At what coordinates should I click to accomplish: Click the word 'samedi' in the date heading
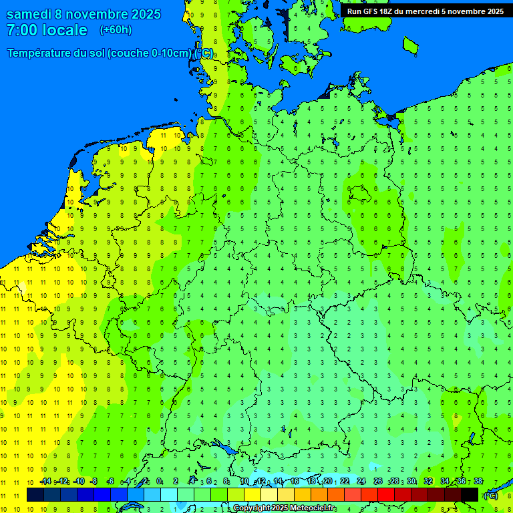coord(29,14)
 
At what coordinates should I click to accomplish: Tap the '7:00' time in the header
coord(21,30)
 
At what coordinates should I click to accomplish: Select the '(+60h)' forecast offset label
coord(116,30)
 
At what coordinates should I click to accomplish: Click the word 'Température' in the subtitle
coord(39,53)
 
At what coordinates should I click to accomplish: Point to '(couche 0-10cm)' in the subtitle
coord(148,53)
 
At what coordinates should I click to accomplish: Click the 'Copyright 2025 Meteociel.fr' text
coord(285,508)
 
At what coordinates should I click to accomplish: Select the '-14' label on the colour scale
coord(45,482)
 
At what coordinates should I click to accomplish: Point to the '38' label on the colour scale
coord(478,482)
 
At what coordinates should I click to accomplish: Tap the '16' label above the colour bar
coord(295,482)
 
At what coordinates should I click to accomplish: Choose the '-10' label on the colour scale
coord(79,482)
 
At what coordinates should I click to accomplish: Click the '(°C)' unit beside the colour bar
coord(490,496)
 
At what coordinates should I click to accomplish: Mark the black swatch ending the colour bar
coord(470,494)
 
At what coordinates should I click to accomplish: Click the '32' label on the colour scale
coord(428,482)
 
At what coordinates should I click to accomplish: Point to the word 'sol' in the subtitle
coord(97,53)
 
